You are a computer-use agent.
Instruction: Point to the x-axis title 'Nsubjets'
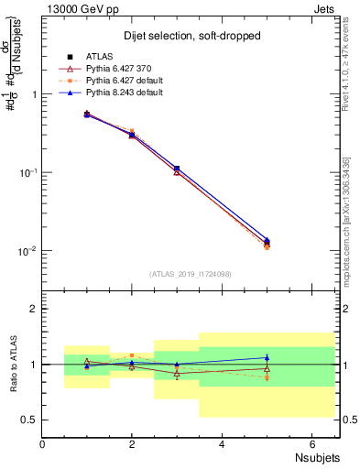[317, 456]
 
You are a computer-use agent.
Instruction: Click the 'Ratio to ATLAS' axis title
[14, 364]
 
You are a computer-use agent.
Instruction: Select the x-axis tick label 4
[222, 444]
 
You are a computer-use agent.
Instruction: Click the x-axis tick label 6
[311, 444]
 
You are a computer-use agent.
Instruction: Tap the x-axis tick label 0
[42, 444]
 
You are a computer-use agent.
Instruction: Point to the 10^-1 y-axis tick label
[28, 172]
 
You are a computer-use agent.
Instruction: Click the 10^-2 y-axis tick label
[28, 251]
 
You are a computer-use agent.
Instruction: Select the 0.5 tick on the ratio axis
[29, 420]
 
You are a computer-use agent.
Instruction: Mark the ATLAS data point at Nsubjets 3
[177, 169]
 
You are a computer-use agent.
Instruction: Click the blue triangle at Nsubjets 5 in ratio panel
[267, 358]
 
